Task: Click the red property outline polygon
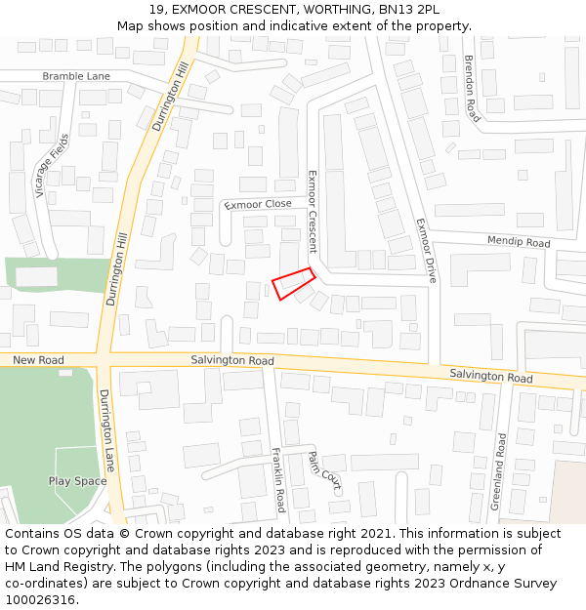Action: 292,283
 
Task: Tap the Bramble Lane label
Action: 76,76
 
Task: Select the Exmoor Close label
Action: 258,204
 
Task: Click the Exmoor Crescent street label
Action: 314,211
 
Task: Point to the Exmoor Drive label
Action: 424,250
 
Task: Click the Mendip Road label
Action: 519,242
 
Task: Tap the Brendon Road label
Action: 472,88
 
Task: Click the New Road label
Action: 39,360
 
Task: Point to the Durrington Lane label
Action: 106,429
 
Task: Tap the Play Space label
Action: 78,481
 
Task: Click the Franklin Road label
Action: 278,480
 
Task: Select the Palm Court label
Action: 323,470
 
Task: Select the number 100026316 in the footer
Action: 39,599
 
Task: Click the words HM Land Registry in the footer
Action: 55,566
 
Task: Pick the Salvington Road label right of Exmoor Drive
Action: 490,376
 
